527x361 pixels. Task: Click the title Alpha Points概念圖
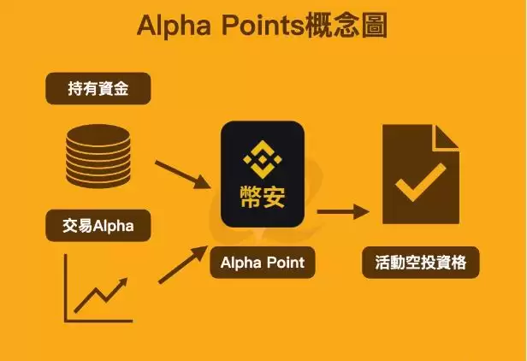pyautogui.click(x=263, y=25)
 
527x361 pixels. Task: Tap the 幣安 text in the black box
pyautogui.click(x=263, y=196)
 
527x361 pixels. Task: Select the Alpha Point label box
pyautogui.click(x=263, y=261)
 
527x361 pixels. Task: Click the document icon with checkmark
pyautogui.click(x=420, y=175)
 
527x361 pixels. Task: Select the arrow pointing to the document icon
pyautogui.click(x=342, y=210)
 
